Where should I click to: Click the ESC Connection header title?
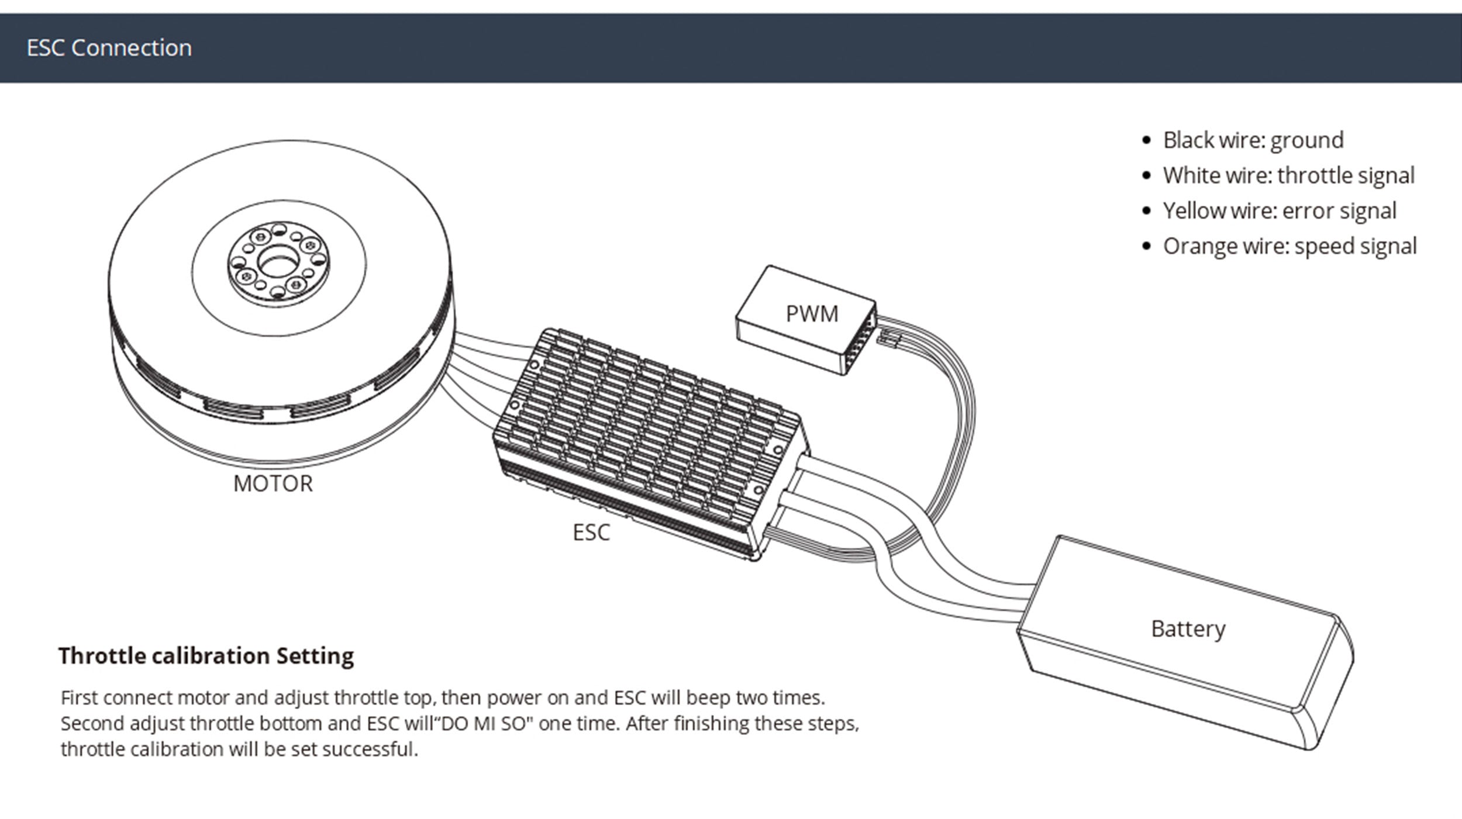(x=109, y=48)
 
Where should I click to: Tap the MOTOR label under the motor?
(x=273, y=484)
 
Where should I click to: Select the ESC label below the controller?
(x=591, y=533)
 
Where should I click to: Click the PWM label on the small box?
(x=812, y=314)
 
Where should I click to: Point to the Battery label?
(x=1188, y=629)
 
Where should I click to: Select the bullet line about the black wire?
(x=1253, y=140)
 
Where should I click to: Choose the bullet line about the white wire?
(x=1288, y=175)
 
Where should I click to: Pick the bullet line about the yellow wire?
(x=1279, y=211)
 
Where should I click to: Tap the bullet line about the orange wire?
(x=1289, y=246)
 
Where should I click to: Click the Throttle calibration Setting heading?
(x=206, y=656)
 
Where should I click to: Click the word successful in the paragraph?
(x=370, y=749)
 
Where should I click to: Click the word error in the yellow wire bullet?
(x=1308, y=211)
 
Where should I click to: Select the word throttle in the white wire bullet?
(x=1311, y=175)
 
